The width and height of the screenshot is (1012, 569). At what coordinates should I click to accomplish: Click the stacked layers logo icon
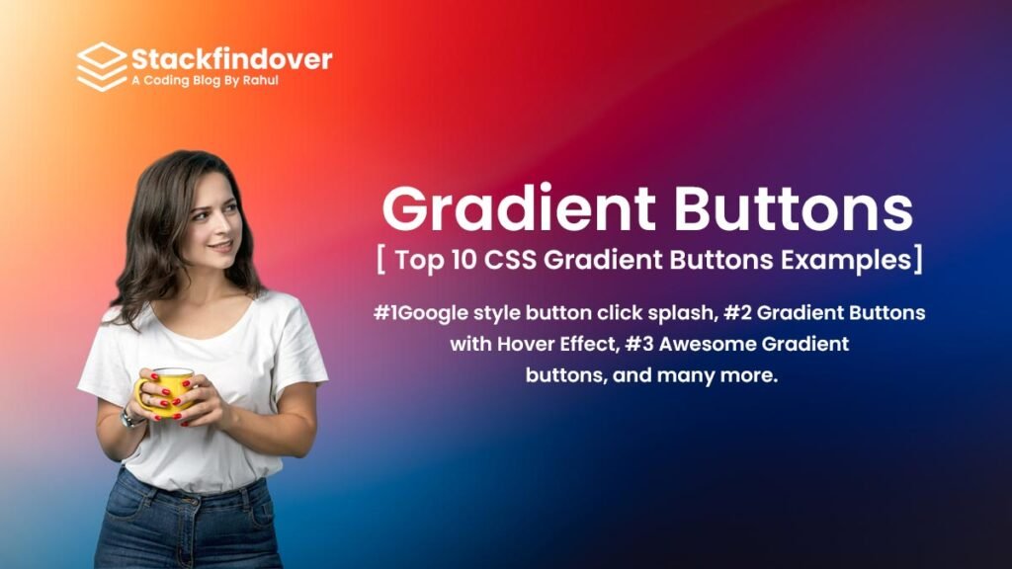(x=102, y=66)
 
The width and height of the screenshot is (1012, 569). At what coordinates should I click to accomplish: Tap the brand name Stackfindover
(x=231, y=59)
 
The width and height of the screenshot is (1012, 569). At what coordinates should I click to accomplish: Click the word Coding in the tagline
(x=166, y=81)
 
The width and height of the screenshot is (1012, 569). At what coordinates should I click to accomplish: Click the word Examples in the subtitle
(x=846, y=260)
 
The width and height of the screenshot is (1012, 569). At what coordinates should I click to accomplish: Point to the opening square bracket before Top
(x=380, y=260)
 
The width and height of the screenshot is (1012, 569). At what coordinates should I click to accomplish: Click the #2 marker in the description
(x=737, y=313)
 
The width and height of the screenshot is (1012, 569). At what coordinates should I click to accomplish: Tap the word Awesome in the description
(x=707, y=344)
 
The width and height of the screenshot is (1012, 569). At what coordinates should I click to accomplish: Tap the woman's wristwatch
(x=130, y=419)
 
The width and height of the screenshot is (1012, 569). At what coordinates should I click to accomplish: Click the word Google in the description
(x=433, y=314)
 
